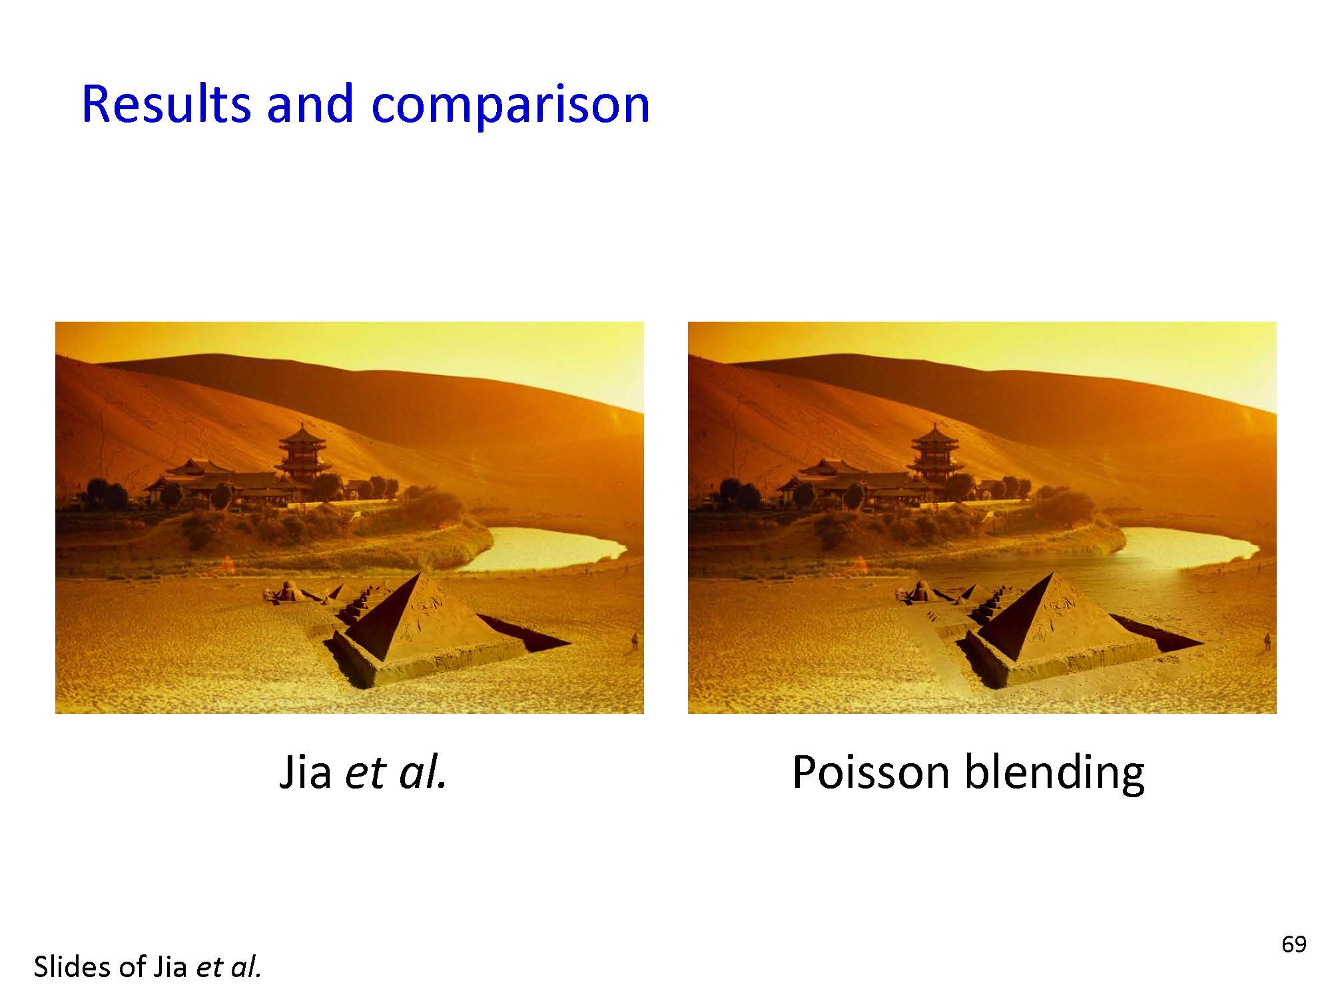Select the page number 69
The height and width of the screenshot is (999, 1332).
[x=1293, y=944]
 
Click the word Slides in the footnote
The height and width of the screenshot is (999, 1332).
[x=73, y=967]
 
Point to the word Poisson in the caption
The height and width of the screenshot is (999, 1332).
[x=870, y=773]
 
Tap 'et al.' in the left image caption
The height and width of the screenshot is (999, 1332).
[x=396, y=773]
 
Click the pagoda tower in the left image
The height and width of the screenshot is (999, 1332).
[x=303, y=456]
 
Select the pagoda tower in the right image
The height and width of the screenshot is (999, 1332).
[x=936, y=456]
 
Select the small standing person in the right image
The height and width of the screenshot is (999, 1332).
[x=1267, y=641]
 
